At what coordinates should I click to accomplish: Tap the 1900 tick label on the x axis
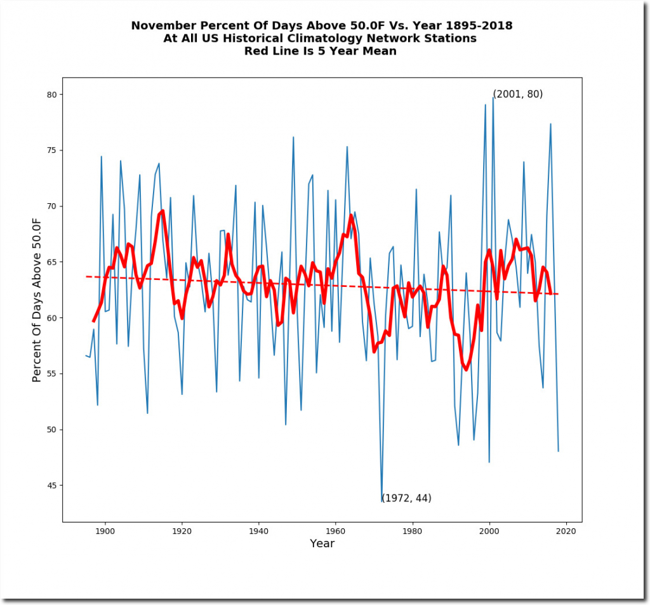(105, 531)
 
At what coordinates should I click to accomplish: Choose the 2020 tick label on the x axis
(566, 531)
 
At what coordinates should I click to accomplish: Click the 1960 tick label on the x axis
(336, 531)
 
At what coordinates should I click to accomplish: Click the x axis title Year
(322, 543)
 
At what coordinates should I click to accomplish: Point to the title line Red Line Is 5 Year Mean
(321, 51)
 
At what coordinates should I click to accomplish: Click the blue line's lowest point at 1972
(382, 502)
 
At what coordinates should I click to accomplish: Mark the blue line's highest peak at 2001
(493, 96)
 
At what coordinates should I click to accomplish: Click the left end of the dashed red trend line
(86, 276)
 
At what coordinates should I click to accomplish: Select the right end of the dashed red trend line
(559, 294)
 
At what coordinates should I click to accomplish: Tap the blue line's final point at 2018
(559, 451)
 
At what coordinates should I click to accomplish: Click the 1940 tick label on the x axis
(259, 531)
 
